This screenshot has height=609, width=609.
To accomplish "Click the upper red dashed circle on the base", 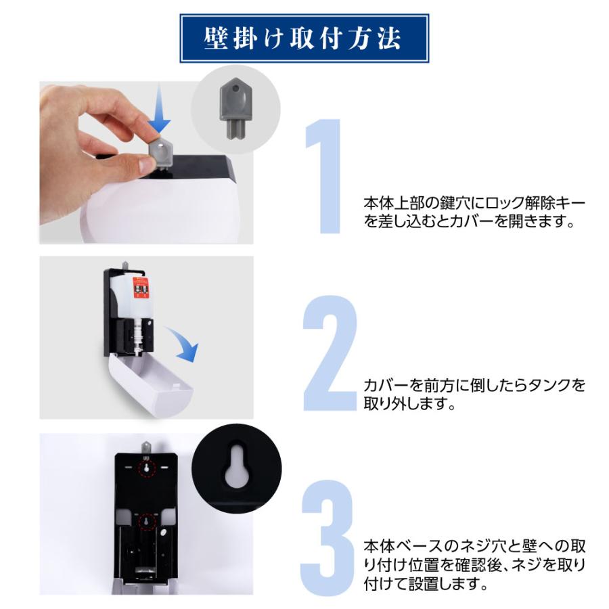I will point(145,468).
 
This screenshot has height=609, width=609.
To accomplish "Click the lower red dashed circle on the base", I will point(145,522).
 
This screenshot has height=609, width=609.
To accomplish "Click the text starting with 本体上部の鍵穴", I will point(474,212).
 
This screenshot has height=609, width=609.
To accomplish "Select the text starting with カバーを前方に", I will point(474,394).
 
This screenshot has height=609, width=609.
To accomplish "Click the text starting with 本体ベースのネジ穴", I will point(474,564).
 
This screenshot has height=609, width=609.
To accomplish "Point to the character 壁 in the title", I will point(215,39).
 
